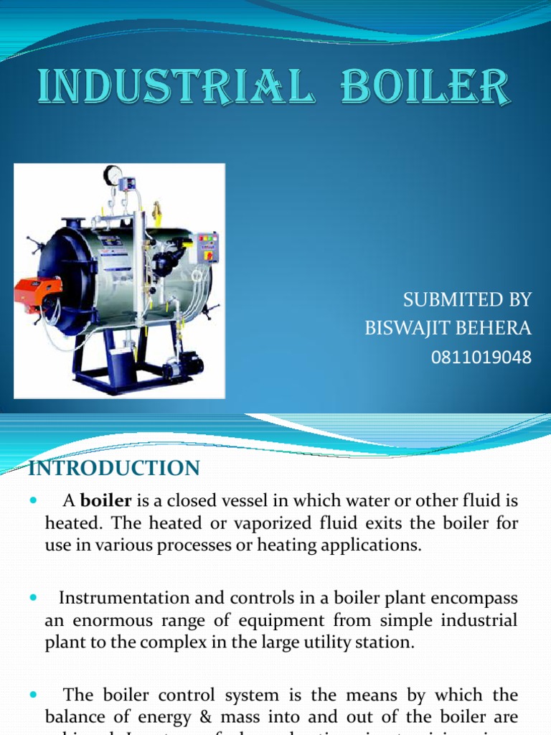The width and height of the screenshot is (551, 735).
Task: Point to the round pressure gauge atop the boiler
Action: click(113, 175)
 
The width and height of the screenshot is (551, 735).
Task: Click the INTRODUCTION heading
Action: click(114, 469)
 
